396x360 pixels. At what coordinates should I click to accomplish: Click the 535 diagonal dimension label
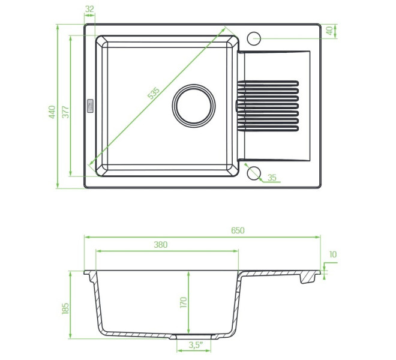point(154,93)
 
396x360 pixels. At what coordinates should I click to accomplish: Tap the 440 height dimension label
point(52,112)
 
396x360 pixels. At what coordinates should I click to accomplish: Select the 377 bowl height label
point(65,112)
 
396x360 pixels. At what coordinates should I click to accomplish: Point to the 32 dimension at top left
point(89,9)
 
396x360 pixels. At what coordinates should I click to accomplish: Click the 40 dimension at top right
point(329,31)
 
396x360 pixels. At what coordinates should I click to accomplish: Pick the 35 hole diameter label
point(272,178)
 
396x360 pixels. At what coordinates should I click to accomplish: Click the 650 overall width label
point(238,230)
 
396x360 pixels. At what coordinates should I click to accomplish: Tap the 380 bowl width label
point(161,245)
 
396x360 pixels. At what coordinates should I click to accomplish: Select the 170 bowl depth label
point(184,302)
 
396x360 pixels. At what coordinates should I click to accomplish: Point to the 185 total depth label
point(65,308)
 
